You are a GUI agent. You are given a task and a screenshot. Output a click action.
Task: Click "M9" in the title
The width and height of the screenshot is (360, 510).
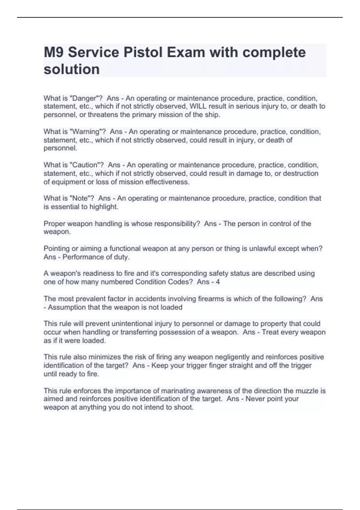54,52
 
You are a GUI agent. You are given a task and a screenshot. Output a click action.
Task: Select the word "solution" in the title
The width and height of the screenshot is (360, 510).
72,69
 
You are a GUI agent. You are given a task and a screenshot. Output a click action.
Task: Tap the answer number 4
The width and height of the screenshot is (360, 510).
218,282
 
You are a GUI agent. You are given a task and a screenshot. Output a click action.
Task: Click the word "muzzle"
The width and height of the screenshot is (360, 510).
307,391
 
